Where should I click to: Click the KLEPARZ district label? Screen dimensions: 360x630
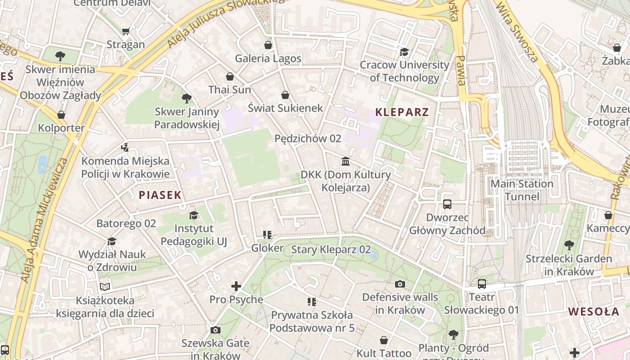[x=402, y=112]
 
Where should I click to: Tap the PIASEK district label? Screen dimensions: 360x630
[x=160, y=195]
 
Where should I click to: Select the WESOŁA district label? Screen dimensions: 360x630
[x=593, y=311]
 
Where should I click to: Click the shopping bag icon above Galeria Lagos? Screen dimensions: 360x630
[x=268, y=45]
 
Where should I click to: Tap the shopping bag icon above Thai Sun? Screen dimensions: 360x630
[x=230, y=76]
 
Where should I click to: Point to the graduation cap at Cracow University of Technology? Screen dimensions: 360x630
[x=404, y=52]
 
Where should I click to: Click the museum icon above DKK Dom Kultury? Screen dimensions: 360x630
[x=346, y=161]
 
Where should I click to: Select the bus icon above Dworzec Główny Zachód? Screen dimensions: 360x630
[x=447, y=204]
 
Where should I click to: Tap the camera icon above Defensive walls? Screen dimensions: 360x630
[x=400, y=284]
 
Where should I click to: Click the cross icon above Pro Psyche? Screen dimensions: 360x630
[x=236, y=286]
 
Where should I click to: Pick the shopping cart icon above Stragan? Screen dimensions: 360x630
[x=126, y=31]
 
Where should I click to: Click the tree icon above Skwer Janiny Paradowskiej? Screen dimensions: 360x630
[x=186, y=98]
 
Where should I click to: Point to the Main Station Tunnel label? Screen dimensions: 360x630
[x=522, y=190]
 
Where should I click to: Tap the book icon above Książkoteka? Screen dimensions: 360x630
[x=105, y=287]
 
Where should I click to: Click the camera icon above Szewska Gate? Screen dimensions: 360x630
[x=215, y=330]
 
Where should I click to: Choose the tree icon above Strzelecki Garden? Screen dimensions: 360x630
[x=569, y=245]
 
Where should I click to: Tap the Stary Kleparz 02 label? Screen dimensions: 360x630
[x=331, y=250]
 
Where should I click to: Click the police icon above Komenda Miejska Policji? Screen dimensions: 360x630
[x=125, y=147]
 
